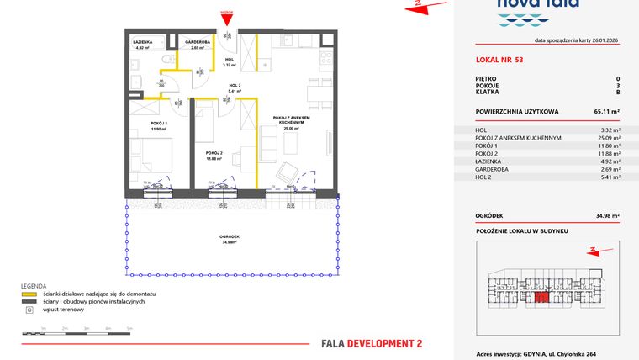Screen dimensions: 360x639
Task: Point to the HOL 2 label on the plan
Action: (x=235, y=87)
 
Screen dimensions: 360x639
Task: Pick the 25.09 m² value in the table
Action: (x=607, y=138)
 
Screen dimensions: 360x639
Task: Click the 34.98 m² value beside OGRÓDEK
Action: (x=604, y=216)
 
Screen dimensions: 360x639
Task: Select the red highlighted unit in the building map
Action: (x=543, y=295)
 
